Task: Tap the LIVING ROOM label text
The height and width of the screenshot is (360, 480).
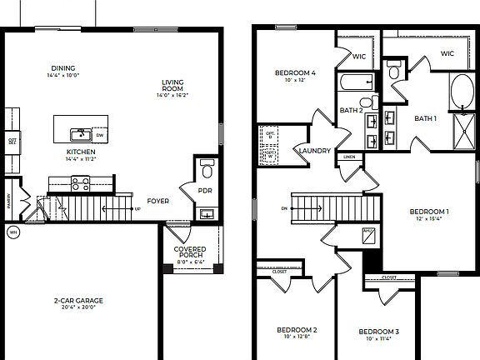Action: click(x=172, y=85)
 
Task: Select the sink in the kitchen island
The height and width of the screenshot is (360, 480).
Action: click(x=80, y=133)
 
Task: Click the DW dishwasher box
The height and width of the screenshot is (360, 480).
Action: click(x=100, y=135)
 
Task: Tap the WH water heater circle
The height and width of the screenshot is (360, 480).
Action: click(x=13, y=232)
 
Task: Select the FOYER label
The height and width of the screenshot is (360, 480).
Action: click(x=158, y=201)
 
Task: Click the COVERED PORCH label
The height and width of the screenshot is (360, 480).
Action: click(x=190, y=252)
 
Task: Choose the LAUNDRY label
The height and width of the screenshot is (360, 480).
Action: click(x=314, y=151)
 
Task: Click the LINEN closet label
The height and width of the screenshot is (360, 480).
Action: click(x=349, y=157)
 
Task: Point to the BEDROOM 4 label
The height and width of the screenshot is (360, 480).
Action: click(x=295, y=72)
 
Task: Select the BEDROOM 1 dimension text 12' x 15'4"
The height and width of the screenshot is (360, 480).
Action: click(x=429, y=220)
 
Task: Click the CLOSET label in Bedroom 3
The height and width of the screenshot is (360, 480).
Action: click(x=389, y=277)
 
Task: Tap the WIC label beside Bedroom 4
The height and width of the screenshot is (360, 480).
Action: click(x=359, y=57)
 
